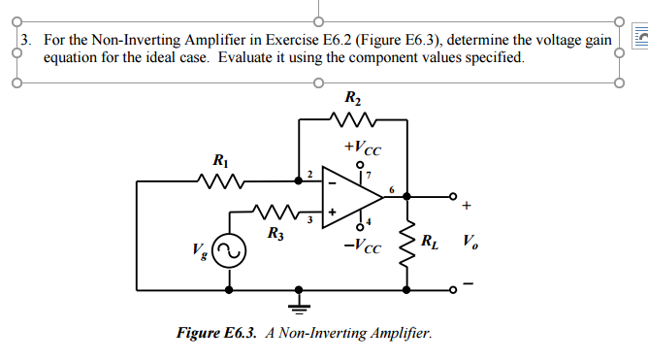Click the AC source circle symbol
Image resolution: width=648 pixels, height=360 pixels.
pos(229,252)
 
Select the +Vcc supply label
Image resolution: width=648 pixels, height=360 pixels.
pos(363,148)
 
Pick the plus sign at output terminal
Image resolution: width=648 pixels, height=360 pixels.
pos(468,205)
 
